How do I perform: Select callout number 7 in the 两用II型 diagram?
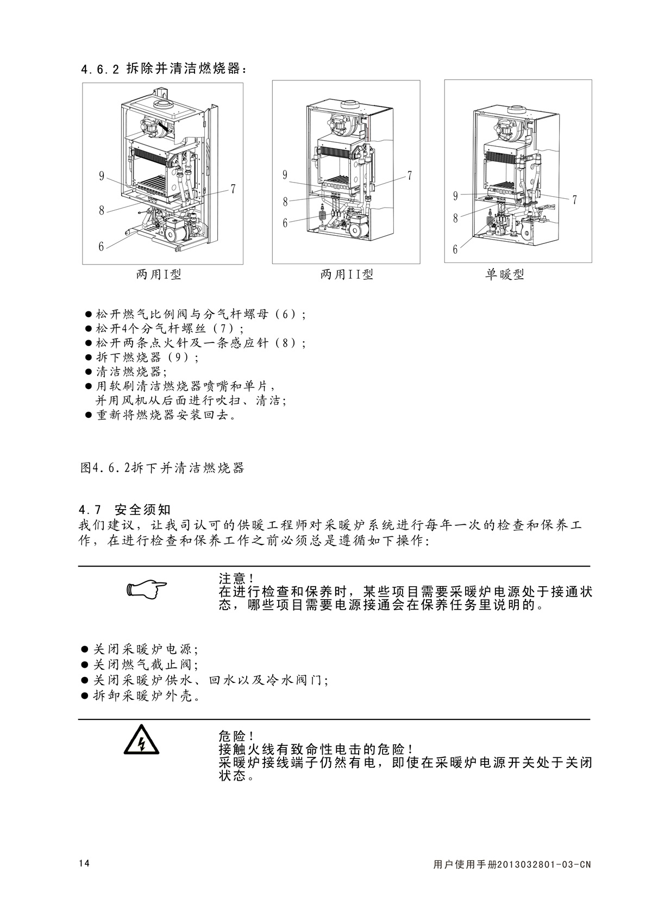tap(410, 175)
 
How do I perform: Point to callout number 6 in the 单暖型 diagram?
tap(455, 249)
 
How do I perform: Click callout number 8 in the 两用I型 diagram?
tap(102, 210)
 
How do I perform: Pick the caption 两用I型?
tap(159, 274)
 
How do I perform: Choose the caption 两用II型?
tap(347, 274)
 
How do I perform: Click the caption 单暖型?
tap(505, 274)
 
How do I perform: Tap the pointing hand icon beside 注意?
tap(146, 588)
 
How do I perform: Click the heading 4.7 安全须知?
tap(125, 510)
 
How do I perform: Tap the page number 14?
tap(84, 864)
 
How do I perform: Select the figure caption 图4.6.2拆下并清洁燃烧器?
tap(162, 467)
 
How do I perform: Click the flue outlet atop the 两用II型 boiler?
tap(350, 104)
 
